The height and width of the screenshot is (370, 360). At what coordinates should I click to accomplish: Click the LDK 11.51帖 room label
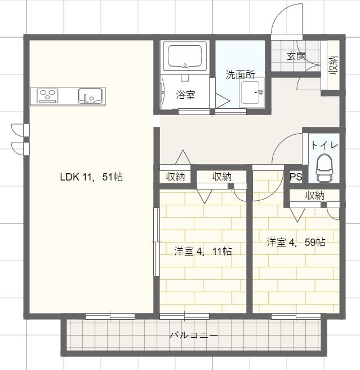(x=91, y=177)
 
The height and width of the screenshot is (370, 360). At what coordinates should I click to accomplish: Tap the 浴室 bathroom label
(x=185, y=95)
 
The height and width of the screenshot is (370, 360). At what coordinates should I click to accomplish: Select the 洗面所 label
(x=240, y=74)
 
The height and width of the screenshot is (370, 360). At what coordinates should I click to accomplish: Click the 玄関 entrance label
(x=296, y=56)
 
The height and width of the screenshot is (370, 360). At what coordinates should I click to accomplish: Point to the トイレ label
(x=325, y=145)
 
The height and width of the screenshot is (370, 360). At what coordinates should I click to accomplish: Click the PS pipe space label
(x=296, y=177)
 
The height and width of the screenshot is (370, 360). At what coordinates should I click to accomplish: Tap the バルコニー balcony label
(x=194, y=336)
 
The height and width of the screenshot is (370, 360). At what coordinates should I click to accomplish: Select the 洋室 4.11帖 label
(x=202, y=251)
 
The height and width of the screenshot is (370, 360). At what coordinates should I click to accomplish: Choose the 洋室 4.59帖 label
(x=295, y=242)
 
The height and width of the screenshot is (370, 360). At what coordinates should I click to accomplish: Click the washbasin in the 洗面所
(x=252, y=92)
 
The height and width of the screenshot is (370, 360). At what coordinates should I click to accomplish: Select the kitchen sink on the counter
(x=90, y=96)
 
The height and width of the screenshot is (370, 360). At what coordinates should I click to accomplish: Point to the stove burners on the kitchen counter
(x=48, y=96)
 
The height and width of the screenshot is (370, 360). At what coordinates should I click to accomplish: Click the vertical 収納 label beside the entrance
(x=333, y=65)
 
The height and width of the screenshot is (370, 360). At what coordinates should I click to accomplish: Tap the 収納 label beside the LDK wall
(x=175, y=177)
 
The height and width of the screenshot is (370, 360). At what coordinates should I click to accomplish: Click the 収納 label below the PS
(x=315, y=195)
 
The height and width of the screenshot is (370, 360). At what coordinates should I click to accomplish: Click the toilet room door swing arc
(x=287, y=149)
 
